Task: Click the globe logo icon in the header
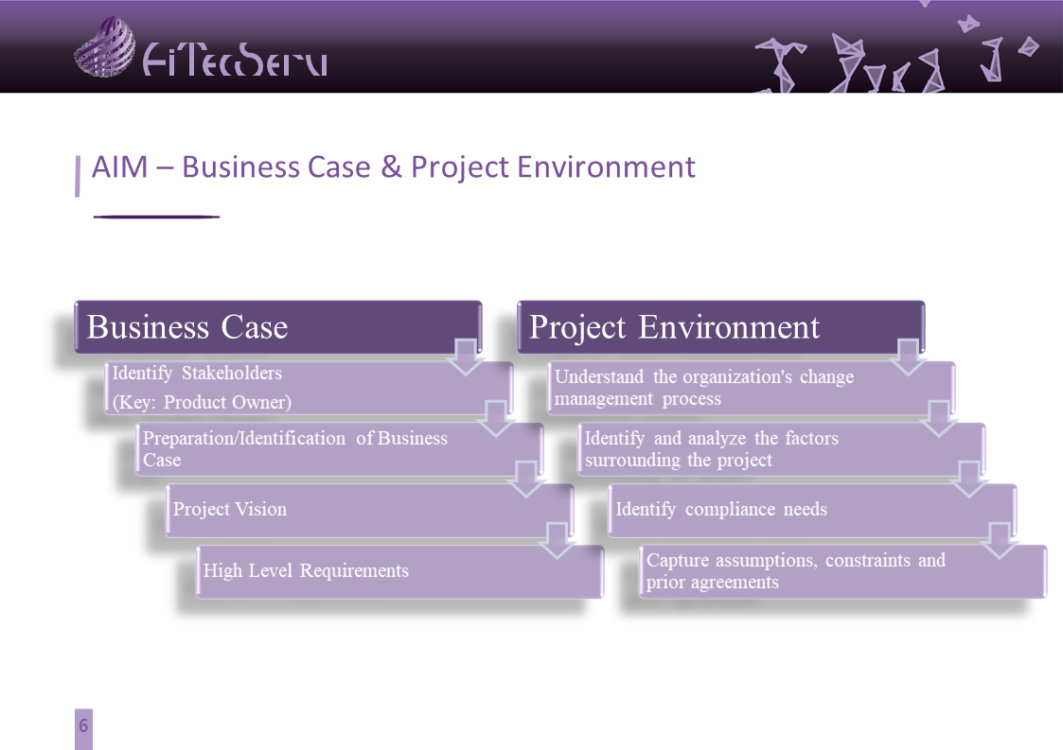point(104,46)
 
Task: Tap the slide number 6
point(83,725)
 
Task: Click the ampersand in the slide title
point(391,166)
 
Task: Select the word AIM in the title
point(119,166)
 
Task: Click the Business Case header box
point(278,326)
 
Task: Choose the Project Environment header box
point(720,326)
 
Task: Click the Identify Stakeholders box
point(309,388)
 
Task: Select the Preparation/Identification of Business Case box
point(339,449)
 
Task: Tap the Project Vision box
point(369,510)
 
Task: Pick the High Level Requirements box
point(400,572)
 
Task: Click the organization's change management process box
point(752,388)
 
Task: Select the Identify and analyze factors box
point(782,449)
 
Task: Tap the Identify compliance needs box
point(812,510)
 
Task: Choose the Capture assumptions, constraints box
point(842,572)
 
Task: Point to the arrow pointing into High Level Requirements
point(557,541)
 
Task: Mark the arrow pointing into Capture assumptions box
point(1000,541)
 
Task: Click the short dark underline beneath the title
point(156,217)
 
